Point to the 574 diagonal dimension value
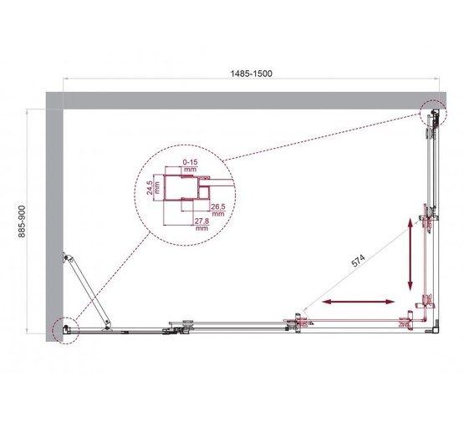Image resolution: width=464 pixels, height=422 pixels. click(358, 262)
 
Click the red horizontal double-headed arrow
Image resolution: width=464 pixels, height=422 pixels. click(359, 300)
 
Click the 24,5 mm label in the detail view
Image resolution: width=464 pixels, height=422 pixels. click(148, 189)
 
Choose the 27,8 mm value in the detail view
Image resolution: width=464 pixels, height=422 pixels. click(201, 223)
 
